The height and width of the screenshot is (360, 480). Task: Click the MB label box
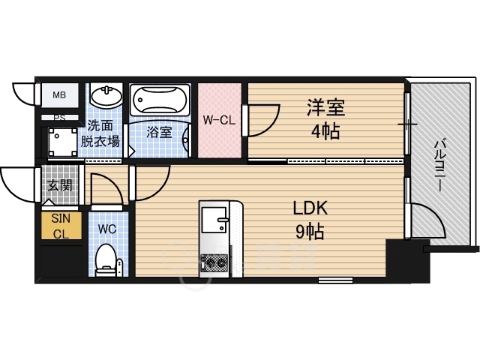58,95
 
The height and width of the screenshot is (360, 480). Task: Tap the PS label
58,118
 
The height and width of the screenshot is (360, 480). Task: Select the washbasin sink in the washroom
106,97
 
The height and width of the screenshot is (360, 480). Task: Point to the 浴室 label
158,133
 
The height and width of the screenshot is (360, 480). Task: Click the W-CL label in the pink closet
219,118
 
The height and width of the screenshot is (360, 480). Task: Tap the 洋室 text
325,107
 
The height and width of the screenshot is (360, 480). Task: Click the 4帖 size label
325,132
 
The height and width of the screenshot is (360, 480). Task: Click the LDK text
310,208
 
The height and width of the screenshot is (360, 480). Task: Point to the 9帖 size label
309,232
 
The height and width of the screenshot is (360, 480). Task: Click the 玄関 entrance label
59,185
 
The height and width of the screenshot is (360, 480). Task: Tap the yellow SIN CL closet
60,226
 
